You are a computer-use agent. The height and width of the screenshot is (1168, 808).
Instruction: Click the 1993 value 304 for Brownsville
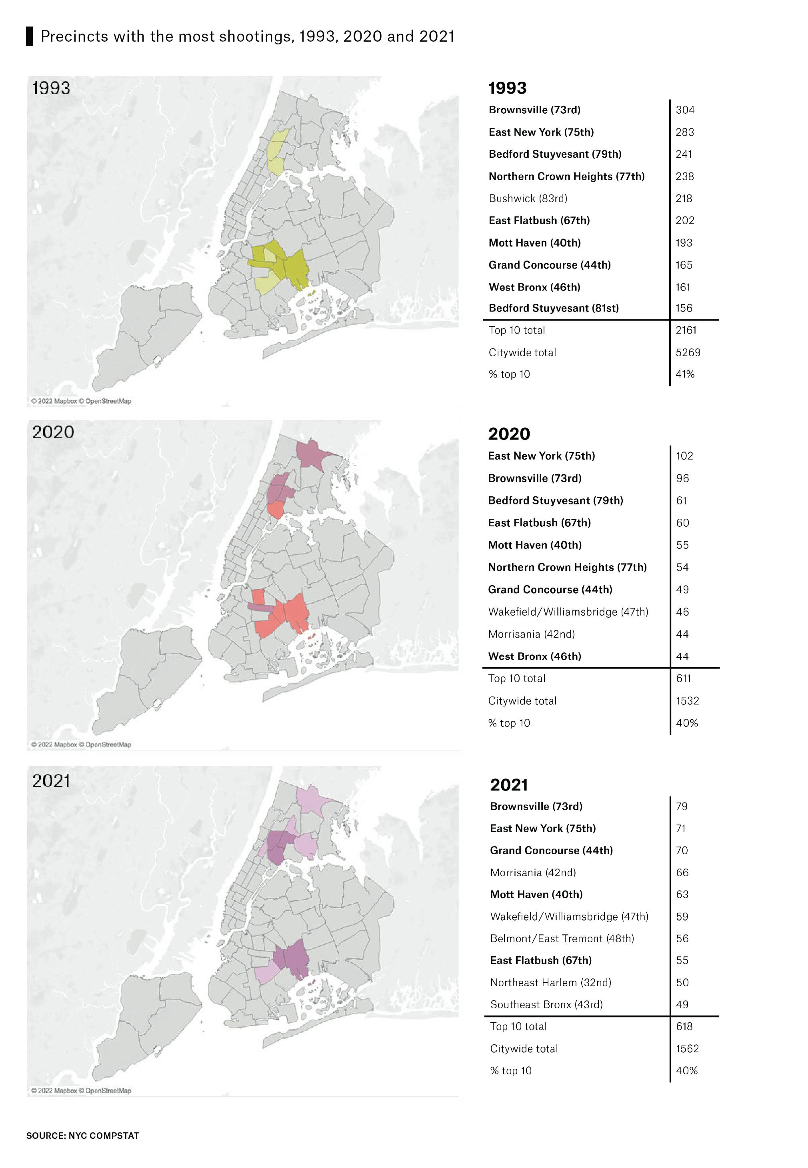[684, 110]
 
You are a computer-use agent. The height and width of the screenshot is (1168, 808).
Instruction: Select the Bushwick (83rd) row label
[528, 198]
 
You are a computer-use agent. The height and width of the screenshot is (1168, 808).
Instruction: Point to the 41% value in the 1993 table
[684, 374]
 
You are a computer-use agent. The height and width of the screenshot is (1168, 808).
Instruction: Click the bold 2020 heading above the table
[509, 433]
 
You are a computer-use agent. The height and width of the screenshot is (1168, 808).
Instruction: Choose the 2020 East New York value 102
[684, 456]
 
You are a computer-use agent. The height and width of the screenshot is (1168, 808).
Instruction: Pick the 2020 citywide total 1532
[687, 700]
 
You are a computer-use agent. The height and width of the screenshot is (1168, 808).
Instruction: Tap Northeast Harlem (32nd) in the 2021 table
[550, 982]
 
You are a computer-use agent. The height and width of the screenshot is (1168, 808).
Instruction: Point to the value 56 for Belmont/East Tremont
[682, 938]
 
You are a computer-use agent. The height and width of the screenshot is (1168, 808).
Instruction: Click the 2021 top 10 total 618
[684, 1026]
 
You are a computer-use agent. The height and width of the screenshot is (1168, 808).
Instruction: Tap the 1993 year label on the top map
[51, 88]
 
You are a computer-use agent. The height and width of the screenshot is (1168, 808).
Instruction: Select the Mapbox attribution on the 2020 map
[81, 745]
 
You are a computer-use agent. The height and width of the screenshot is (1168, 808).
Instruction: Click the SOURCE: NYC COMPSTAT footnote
[82, 1136]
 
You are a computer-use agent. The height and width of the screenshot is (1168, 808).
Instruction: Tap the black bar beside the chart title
[29, 36]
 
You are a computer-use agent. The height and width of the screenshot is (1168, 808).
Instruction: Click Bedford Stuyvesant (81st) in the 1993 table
[553, 308]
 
